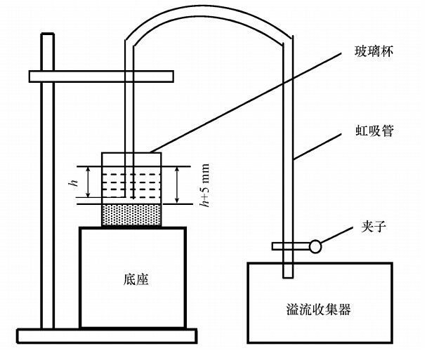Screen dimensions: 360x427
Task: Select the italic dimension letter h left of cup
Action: click(x=72, y=183)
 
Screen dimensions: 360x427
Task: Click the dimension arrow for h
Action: click(x=86, y=182)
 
